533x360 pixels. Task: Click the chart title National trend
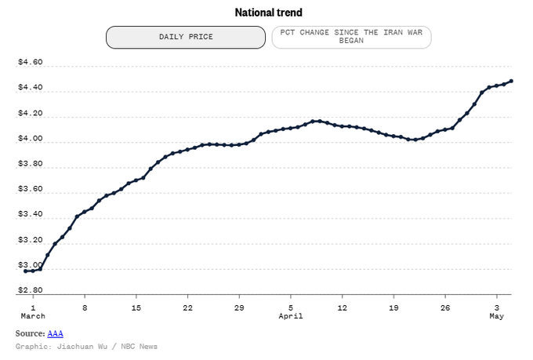tap(269, 13)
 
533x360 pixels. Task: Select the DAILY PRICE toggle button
tap(186, 37)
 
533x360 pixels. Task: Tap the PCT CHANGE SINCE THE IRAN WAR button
tap(351, 37)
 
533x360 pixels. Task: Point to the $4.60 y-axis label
tap(31, 62)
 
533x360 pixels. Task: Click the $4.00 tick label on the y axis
tap(31, 138)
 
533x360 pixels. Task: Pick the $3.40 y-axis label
tap(31, 214)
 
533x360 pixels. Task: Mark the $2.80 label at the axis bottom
tap(31, 290)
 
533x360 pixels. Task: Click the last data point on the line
tap(511, 81)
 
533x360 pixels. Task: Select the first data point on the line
tap(26, 271)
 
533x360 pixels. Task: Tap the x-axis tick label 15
tap(136, 308)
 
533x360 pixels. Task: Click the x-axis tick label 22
tap(187, 308)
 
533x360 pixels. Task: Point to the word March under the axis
tap(33, 316)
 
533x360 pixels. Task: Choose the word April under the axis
tap(291, 316)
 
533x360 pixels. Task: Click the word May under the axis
tap(497, 316)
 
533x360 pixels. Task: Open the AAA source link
tap(55, 333)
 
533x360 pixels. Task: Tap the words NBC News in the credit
tap(139, 347)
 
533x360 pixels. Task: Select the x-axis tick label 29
tap(239, 308)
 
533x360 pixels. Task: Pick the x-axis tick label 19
tap(393, 308)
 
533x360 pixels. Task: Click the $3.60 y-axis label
tap(31, 189)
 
